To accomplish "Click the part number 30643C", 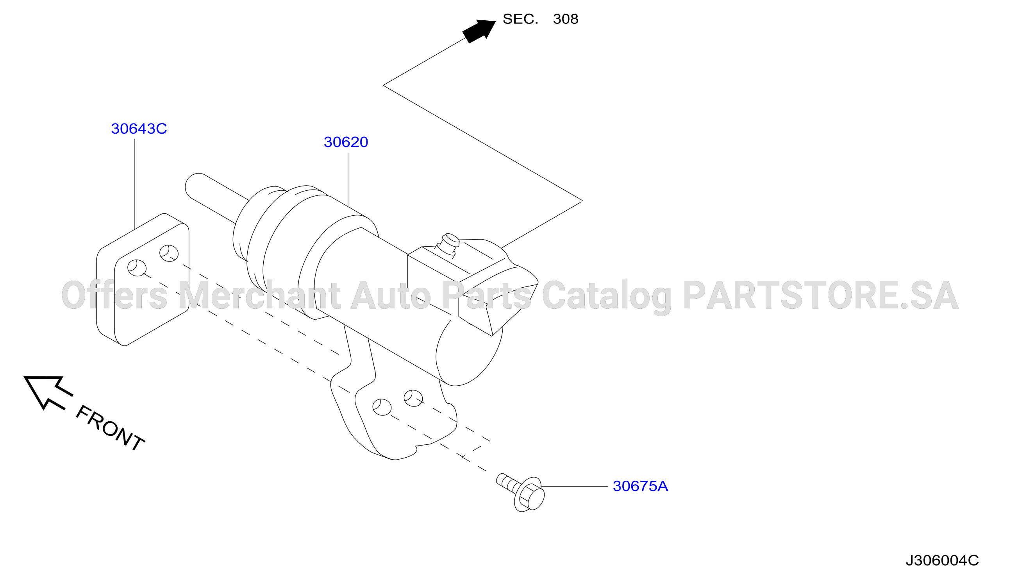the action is pyautogui.click(x=139, y=129).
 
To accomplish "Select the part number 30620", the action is pyautogui.click(x=346, y=142).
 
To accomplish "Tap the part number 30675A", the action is pyautogui.click(x=640, y=486).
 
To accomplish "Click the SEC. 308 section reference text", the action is pyautogui.click(x=540, y=19).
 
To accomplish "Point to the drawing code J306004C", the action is pyautogui.click(x=942, y=560).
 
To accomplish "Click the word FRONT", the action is pyautogui.click(x=110, y=428).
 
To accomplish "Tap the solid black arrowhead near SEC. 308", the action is pyautogui.click(x=479, y=30).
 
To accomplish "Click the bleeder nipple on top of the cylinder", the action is pyautogui.click(x=449, y=244).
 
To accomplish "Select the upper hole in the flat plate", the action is pyautogui.click(x=169, y=253).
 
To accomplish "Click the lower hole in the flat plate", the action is pyautogui.click(x=137, y=268).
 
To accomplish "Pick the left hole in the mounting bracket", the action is pyautogui.click(x=382, y=407).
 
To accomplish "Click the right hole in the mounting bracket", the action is pyautogui.click(x=413, y=398).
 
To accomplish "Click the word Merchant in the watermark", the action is pyautogui.click(x=259, y=295).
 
